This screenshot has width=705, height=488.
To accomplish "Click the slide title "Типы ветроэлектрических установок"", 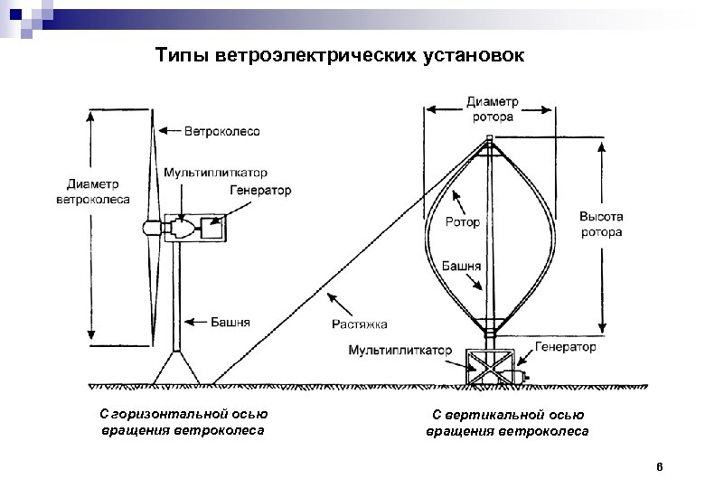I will point(338,56).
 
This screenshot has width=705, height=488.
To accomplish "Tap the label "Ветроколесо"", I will point(222,131).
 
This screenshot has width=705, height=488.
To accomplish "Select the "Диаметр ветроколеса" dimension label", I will point(92,192).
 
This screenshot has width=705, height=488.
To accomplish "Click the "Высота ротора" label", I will point(601,225).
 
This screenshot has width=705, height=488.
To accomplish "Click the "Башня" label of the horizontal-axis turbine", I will point(231,322).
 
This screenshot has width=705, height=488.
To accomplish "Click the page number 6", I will point(660,467).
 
